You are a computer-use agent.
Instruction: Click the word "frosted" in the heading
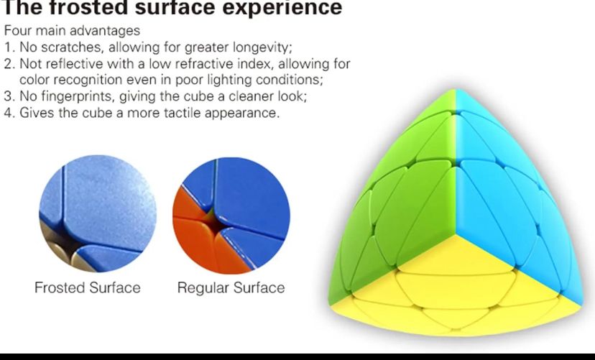(88, 8)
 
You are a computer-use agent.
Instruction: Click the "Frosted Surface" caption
(88, 287)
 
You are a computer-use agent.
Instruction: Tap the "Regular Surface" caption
(231, 287)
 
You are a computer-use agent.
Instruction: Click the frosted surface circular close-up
(98, 213)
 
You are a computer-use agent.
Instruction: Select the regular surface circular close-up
(231, 216)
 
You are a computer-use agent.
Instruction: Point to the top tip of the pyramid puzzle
(456, 90)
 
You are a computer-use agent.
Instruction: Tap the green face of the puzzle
(398, 198)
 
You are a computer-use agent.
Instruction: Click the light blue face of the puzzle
(512, 198)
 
